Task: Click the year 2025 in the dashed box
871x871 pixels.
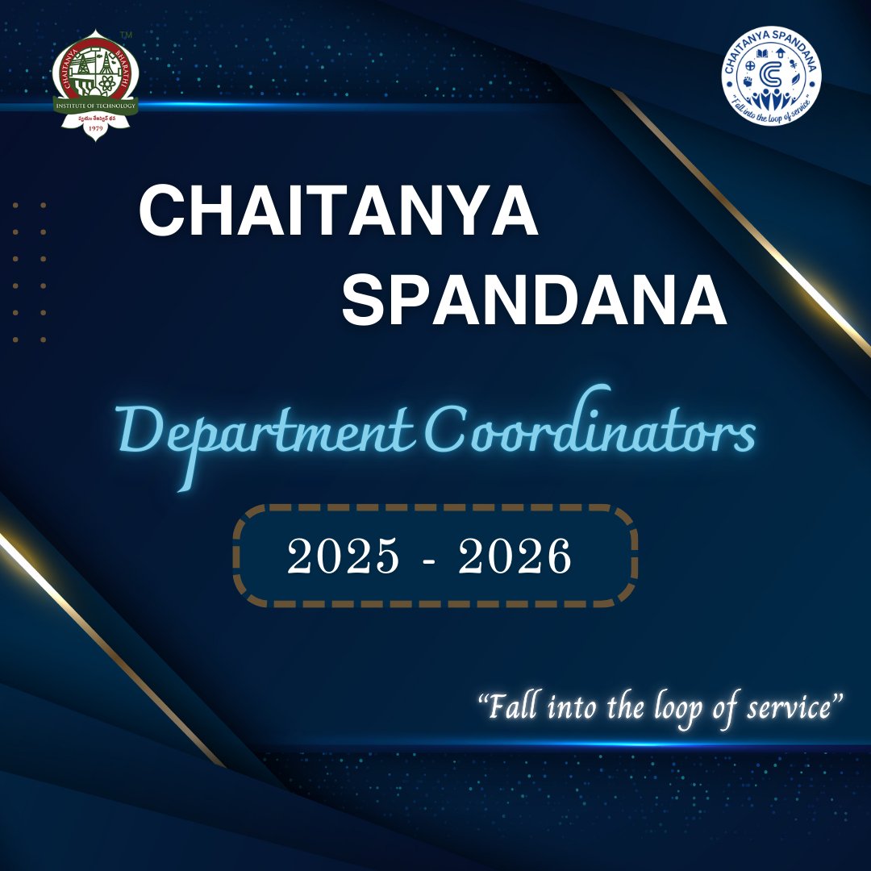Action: [342, 557]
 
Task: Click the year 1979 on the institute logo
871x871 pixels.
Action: [96, 129]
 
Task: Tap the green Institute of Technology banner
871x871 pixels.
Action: [96, 106]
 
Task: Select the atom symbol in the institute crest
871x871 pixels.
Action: [107, 83]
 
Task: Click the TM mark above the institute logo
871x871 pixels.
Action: [126, 35]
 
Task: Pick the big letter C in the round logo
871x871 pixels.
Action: [771, 73]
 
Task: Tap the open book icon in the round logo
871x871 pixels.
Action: [762, 53]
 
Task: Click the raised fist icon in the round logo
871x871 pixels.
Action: [748, 81]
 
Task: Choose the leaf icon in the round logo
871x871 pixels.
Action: [796, 79]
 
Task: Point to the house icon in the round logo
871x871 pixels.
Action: [781, 53]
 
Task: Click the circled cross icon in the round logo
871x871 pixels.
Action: [750, 65]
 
